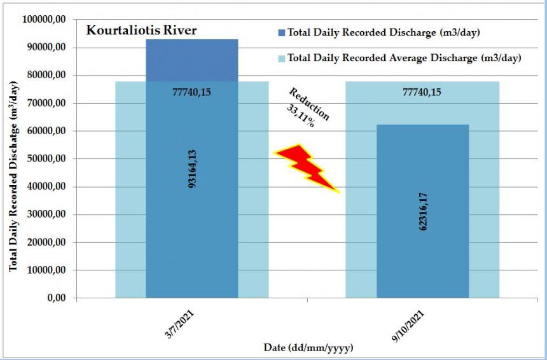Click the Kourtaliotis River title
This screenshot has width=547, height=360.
(142, 30)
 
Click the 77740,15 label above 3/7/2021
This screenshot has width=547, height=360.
(191, 92)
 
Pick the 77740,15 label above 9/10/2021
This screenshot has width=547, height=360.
(422, 92)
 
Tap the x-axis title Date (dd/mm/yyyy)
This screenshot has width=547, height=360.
(308, 348)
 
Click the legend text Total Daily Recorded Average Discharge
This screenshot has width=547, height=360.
(405, 58)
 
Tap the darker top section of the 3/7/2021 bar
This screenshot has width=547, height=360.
(191, 60)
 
